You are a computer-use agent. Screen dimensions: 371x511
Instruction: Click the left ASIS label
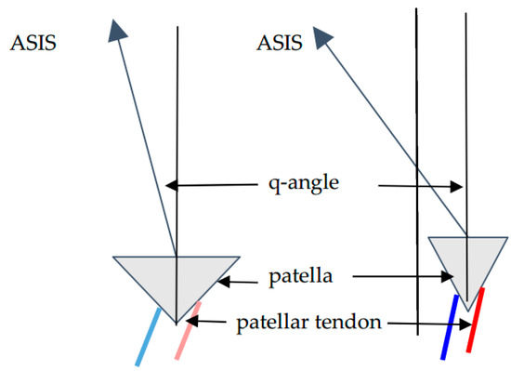(33, 43)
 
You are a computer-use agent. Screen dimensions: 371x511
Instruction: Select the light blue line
(148, 339)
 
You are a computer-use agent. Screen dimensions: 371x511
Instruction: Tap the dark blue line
(450, 326)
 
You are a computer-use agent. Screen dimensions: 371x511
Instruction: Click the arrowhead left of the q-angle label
(170, 186)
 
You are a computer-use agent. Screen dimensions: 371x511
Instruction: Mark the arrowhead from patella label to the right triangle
(452, 276)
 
